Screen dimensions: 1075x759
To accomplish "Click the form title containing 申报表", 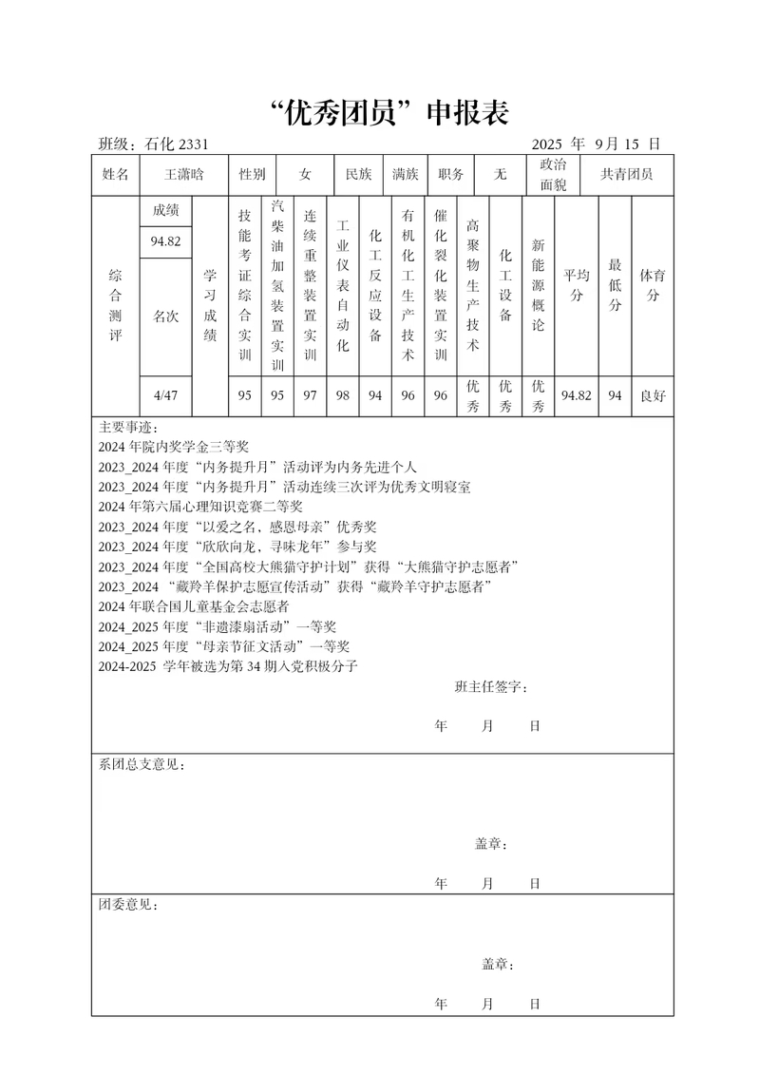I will (384, 113).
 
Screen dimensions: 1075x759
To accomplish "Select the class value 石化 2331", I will (177, 144).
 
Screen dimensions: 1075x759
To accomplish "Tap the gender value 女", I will (304, 174).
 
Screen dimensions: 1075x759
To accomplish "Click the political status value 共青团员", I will (620, 174).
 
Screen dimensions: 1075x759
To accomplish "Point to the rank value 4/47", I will (165, 395).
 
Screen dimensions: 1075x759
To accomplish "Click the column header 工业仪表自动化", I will (343, 286).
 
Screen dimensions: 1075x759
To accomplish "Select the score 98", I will (343, 395).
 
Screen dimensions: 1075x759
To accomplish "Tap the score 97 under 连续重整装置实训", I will (310, 395).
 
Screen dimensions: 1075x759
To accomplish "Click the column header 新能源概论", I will (538, 284).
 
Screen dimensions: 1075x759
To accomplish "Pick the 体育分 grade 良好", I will (653, 395).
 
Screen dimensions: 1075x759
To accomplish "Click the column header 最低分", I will (616, 284).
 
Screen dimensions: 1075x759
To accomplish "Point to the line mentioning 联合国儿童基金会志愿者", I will (194, 605).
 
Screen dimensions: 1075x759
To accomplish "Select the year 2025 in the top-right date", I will (548, 144).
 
